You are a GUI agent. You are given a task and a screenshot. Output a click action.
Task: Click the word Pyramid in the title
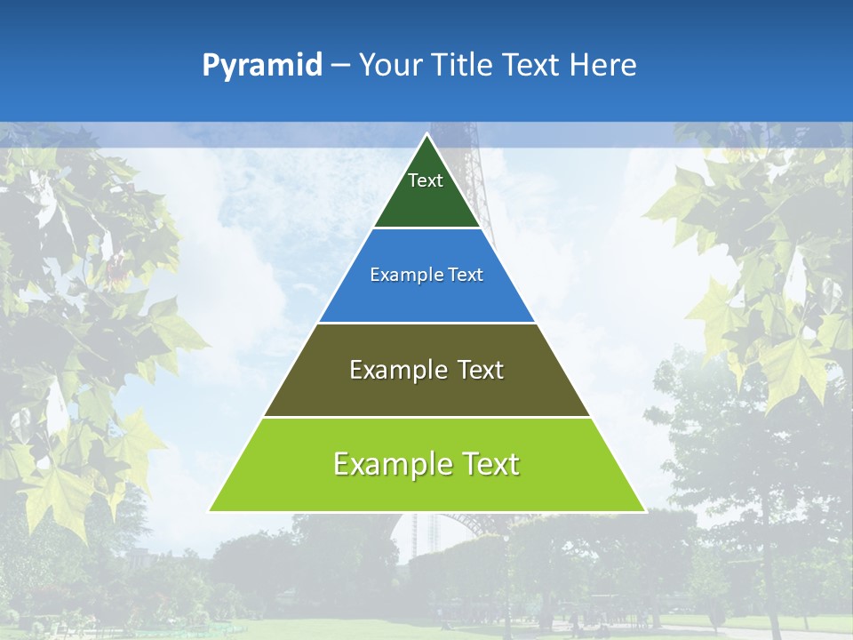pyautogui.click(x=262, y=66)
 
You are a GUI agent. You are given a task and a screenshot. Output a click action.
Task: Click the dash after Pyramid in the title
pyautogui.click(x=340, y=66)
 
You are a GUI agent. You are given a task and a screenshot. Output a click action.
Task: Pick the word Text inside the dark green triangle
pyautogui.click(x=426, y=180)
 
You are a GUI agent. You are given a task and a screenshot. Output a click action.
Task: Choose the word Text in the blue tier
pyautogui.click(x=466, y=275)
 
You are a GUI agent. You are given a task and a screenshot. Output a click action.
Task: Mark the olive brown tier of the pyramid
pyautogui.click(x=426, y=396)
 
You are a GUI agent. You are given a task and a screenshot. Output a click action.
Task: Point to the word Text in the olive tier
pyautogui.click(x=480, y=370)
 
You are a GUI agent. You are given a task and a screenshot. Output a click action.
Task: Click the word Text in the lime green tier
pyautogui.click(x=489, y=464)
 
